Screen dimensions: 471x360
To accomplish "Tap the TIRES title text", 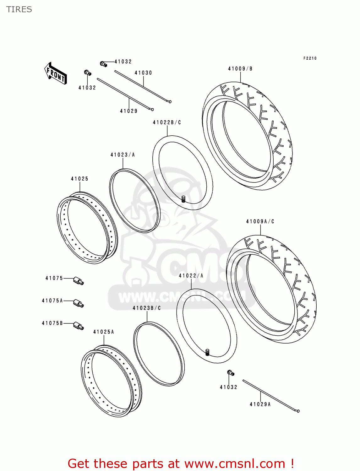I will pos(19,9).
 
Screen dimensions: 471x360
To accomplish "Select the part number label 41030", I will pos(143,73).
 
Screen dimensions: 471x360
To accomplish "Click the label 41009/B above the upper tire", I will pos(240,69).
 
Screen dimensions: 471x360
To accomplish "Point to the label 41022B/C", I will pos(167,122).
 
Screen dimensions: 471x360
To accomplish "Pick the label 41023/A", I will pos(123,155).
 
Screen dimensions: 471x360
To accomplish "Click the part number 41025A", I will pos(104,332).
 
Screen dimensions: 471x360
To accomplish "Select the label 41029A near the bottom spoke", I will pos(260,404).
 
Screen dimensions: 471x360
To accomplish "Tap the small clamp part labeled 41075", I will pos(79,280).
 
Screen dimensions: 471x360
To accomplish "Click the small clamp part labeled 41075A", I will pos(79,303).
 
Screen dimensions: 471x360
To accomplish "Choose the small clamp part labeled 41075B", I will pos(79,326).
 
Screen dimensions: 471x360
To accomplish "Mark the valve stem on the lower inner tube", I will pos(207,352).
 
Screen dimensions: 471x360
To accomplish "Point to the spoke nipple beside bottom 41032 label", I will pos(231,373).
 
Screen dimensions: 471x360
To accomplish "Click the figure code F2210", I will pos(310,58).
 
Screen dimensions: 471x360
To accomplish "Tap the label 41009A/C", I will pos(260,222).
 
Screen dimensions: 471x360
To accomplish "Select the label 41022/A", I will pos(191,276).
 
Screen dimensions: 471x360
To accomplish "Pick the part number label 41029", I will pos(129,111).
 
